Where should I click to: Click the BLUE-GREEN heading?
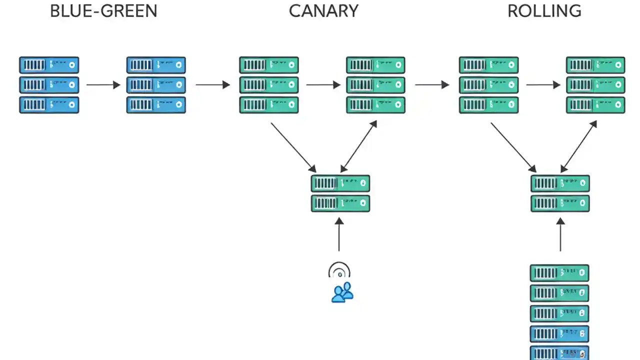tap(103, 11)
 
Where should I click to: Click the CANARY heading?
tap(323, 11)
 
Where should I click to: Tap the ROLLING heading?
tap(544, 11)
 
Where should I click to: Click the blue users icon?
tap(342, 292)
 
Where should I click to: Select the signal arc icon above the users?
tap(339, 270)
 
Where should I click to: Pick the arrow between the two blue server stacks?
tap(103, 85)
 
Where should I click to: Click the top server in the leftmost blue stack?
tap(49, 65)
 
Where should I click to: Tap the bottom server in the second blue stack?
tap(156, 105)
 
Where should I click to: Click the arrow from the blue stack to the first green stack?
tap(212, 85)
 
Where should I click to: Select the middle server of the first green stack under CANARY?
tap(269, 85)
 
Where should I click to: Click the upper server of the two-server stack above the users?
tap(340, 183)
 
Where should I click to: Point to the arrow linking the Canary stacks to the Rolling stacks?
tap(432, 85)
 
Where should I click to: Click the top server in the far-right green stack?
tap(595, 65)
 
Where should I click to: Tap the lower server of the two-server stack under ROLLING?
tap(560, 203)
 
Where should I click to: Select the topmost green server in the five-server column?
tap(559, 273)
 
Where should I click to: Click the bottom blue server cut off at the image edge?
tap(559, 353)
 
